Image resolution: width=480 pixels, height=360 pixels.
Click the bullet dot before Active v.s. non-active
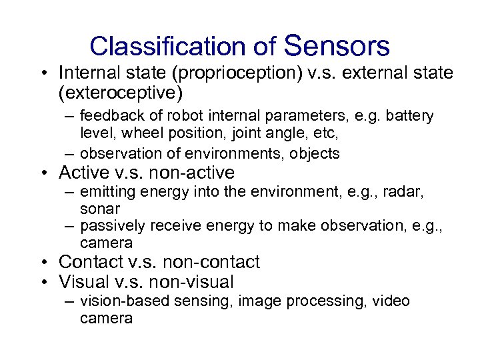44,173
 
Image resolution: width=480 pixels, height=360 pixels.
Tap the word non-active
192,173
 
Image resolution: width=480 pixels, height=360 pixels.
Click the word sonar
99,209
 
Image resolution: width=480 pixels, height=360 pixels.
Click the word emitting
106,193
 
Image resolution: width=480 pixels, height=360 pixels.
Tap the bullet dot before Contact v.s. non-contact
44,263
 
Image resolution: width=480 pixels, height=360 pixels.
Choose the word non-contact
217,262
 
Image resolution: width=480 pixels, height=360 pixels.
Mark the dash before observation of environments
70,154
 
